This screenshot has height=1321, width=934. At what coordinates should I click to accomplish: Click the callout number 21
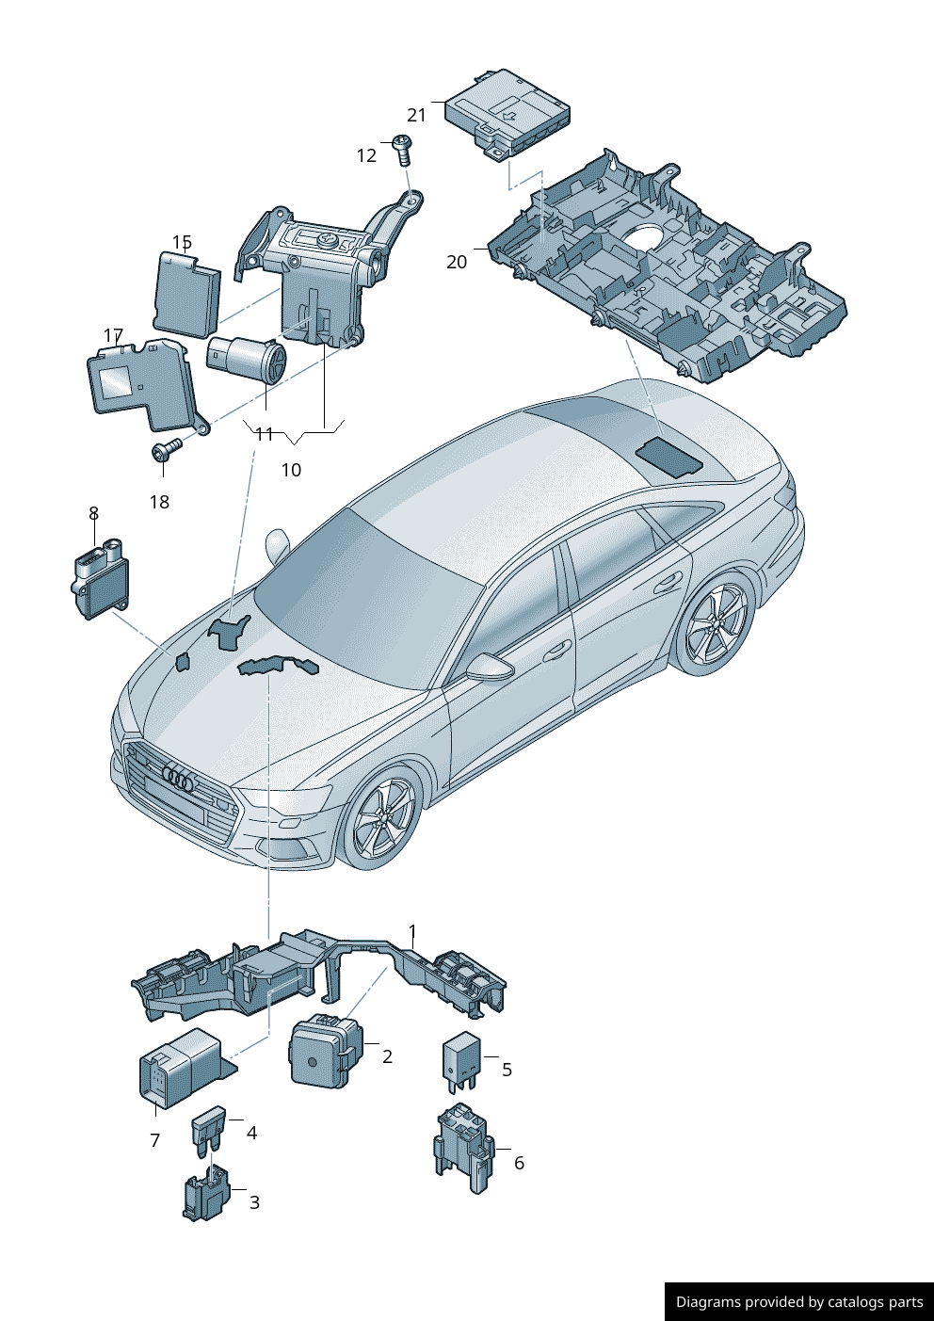pyautogui.click(x=416, y=115)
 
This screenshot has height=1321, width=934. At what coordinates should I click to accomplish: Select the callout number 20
pyautogui.click(x=457, y=262)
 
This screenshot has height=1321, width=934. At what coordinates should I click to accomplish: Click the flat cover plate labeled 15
pyautogui.click(x=186, y=291)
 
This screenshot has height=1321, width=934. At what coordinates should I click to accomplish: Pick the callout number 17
pyautogui.click(x=113, y=335)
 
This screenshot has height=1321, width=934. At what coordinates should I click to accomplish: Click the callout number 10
pyautogui.click(x=291, y=470)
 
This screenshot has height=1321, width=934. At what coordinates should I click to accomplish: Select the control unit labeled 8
pyautogui.click(x=101, y=578)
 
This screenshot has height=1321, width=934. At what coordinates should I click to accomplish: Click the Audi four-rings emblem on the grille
pyautogui.click(x=178, y=779)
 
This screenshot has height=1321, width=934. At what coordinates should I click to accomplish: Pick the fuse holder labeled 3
pyautogui.click(x=206, y=1193)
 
